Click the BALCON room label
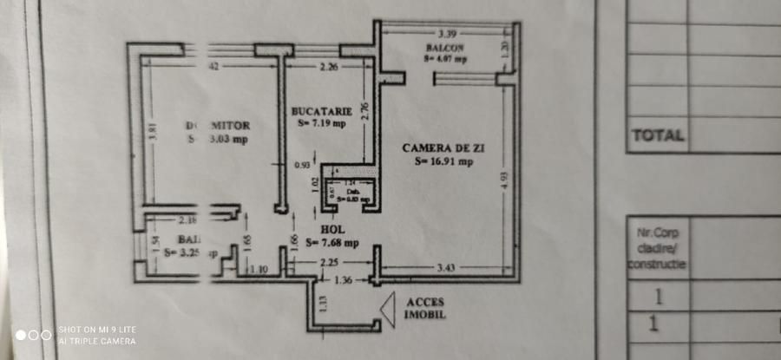(x=444, y=48)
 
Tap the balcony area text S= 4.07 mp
(x=445, y=60)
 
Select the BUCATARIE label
(x=321, y=111)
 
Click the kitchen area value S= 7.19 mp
(x=321, y=123)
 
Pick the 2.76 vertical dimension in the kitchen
(x=365, y=110)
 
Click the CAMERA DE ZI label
(x=443, y=148)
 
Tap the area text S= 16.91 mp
(x=443, y=161)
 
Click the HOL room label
(x=334, y=230)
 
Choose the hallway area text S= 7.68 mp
(x=333, y=243)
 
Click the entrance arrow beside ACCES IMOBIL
(x=388, y=307)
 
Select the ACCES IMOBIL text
(x=426, y=308)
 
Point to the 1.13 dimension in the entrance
(x=322, y=303)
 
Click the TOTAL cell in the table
(x=657, y=135)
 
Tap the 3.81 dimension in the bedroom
(x=151, y=135)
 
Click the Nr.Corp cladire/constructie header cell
(x=657, y=247)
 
